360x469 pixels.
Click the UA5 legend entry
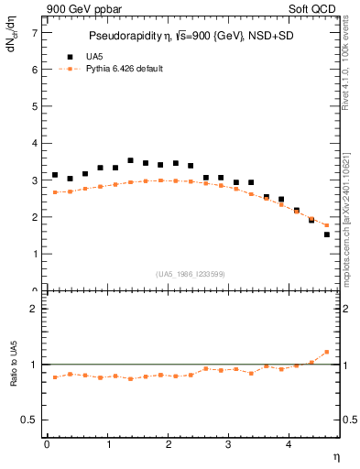pyautogui.click(x=81, y=55)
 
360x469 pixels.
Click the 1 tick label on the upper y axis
pyautogui.click(x=35, y=255)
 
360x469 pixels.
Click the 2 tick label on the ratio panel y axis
pyautogui.click(x=35, y=310)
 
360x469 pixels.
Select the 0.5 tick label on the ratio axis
pyautogui.click(x=31, y=420)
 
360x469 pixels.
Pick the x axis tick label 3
pyautogui.click(x=229, y=445)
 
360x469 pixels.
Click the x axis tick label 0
pyautogui.click(x=47, y=445)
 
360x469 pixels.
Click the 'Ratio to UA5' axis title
pyautogui.click(x=13, y=365)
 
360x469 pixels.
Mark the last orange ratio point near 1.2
pyautogui.click(x=327, y=352)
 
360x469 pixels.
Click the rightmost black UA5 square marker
pyautogui.click(x=327, y=234)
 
